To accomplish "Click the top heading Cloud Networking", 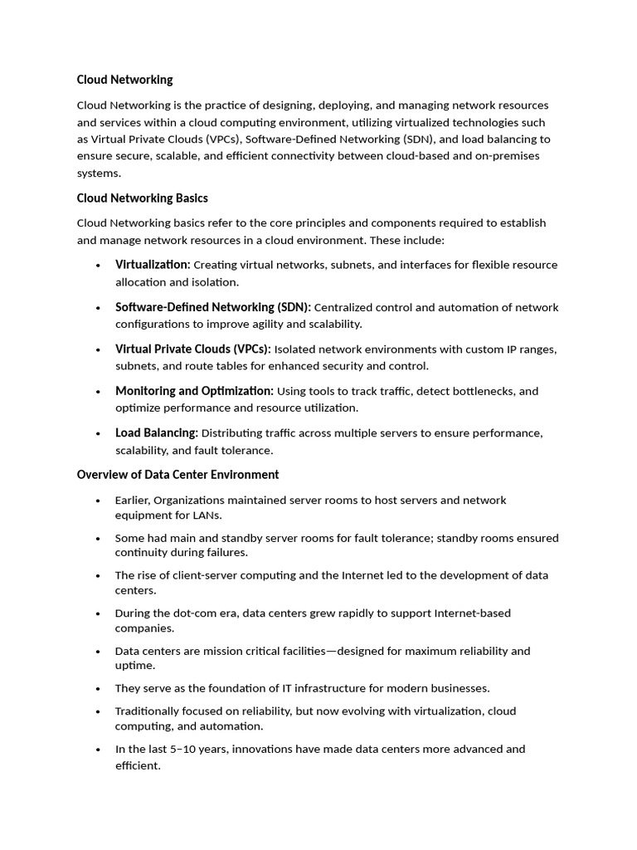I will click(x=124, y=80).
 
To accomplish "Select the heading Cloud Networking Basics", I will click(x=142, y=198).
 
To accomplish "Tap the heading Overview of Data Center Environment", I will click(x=177, y=475).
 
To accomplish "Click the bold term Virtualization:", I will click(x=153, y=265).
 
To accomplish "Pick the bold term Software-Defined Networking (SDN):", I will click(x=212, y=307).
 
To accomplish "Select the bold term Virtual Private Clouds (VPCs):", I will click(x=192, y=349).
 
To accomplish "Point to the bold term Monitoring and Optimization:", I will click(x=194, y=391).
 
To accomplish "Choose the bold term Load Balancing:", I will click(x=156, y=433).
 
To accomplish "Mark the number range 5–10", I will click(x=190, y=749).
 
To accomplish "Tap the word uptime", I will click(x=134, y=666).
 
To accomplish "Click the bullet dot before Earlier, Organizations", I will click(x=97, y=501).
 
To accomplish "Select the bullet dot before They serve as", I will click(x=97, y=688).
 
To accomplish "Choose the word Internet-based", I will click(x=472, y=613).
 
